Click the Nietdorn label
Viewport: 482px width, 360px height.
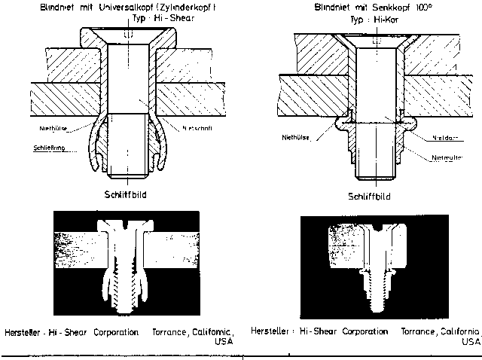[x=445, y=137]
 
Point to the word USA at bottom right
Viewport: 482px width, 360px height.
[x=471, y=340]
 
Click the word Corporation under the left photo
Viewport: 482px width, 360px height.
[x=119, y=331]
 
